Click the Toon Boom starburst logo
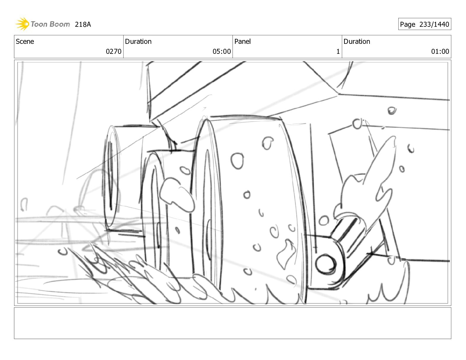point(22,24)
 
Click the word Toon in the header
point(39,24)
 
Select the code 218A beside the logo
point(83,24)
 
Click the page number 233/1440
point(434,24)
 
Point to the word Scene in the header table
point(25,41)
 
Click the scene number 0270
point(114,51)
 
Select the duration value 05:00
point(222,51)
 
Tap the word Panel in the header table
point(242,41)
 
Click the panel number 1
point(338,51)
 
